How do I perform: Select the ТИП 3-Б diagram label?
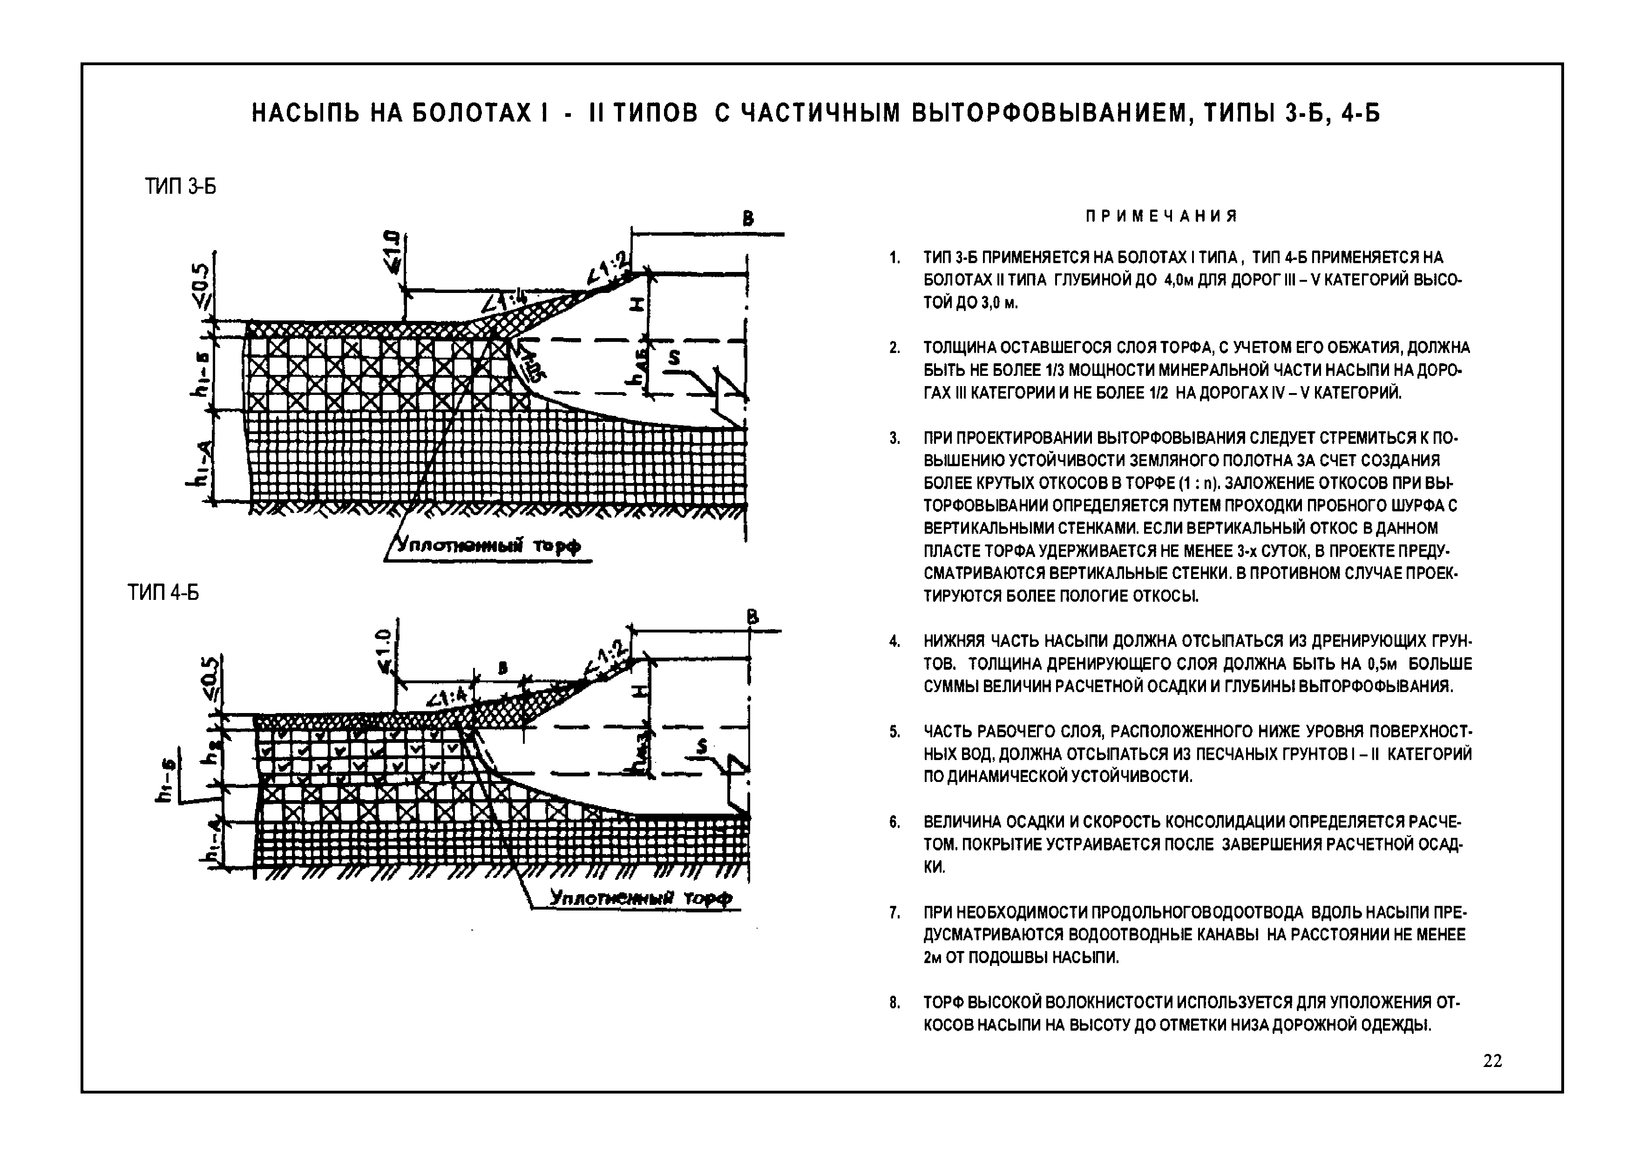[x=181, y=187]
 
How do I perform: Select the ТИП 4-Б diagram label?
[x=163, y=592]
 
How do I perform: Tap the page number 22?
[x=1493, y=1060]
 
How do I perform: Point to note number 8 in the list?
[x=895, y=1004]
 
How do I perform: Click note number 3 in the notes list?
[x=895, y=439]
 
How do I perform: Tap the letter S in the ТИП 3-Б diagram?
[x=673, y=358]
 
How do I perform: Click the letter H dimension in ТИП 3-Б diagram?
[x=637, y=305]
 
